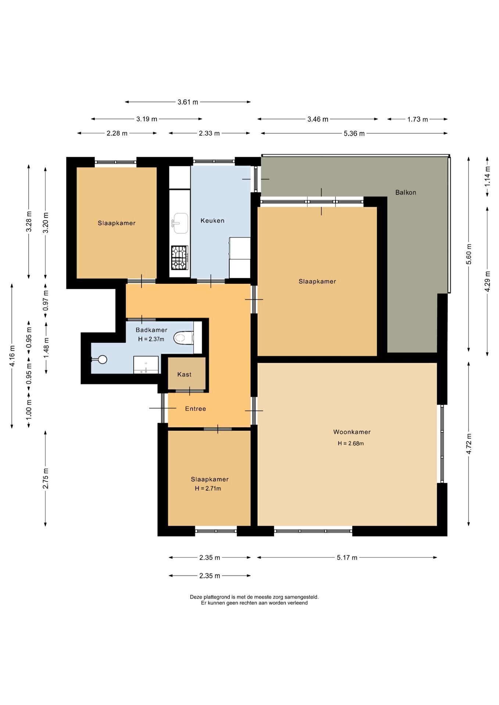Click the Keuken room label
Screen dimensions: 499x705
[x=212, y=221]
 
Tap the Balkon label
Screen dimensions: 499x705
[x=406, y=192]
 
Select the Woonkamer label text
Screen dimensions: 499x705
[x=352, y=432]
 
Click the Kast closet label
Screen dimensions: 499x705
[x=184, y=375]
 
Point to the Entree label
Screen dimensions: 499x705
[x=195, y=409]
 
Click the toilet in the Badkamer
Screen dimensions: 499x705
[x=183, y=338]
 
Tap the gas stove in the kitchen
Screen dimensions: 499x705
[x=180, y=258]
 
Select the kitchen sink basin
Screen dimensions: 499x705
[x=180, y=223]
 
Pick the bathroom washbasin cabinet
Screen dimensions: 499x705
[x=146, y=365]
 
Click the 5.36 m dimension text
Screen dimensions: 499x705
[x=354, y=134]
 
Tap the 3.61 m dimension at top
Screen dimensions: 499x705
[x=188, y=102]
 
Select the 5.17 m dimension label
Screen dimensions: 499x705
[x=347, y=557]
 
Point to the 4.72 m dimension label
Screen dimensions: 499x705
[x=469, y=444]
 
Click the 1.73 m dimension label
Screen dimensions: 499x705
[x=417, y=119]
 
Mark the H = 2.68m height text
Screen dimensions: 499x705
[x=351, y=443]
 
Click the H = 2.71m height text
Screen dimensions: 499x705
[x=208, y=488]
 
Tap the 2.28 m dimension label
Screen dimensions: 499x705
[x=117, y=134]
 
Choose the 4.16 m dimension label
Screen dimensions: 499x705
[x=12, y=356]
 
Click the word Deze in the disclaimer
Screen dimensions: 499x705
[x=196, y=597]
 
